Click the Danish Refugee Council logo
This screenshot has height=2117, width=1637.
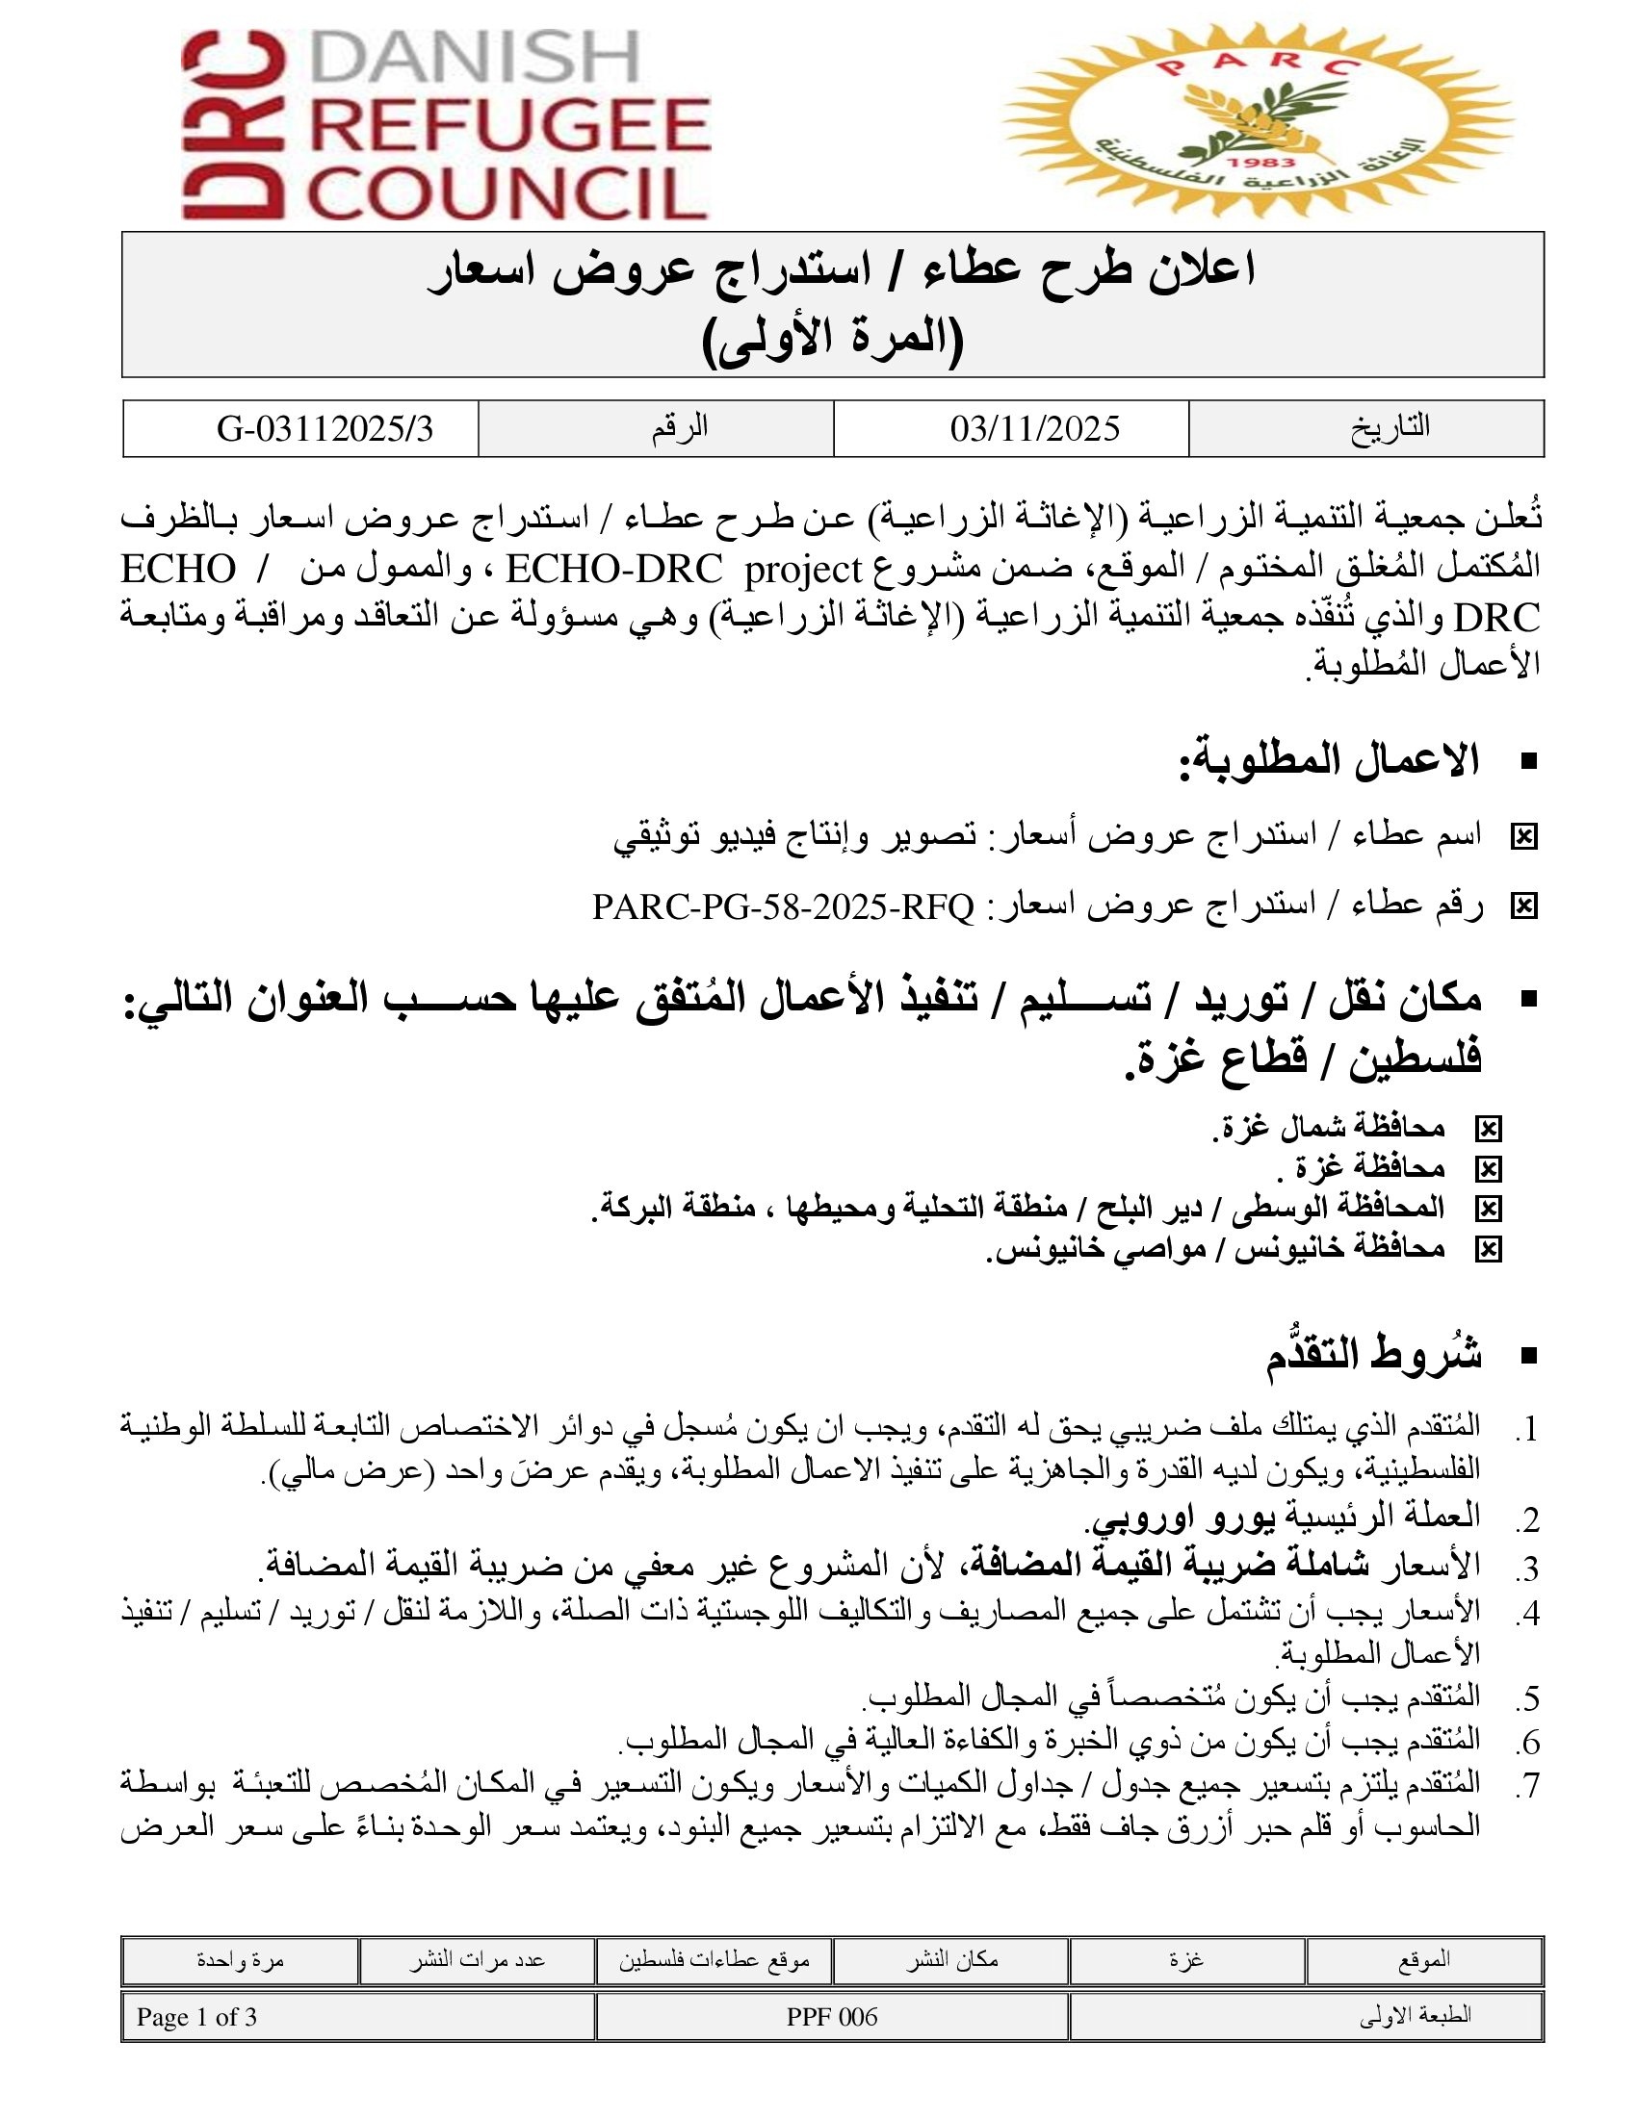(x=446, y=126)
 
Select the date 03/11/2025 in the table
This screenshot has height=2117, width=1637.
(x=1035, y=429)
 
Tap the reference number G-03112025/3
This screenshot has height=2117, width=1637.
(x=324, y=429)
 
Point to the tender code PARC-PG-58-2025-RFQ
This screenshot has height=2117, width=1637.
(x=783, y=906)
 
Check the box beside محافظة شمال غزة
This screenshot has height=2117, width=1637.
(x=1487, y=1129)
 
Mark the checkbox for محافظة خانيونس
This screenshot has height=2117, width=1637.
(x=1487, y=1249)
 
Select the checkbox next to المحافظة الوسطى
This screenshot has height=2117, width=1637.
(x=1487, y=1209)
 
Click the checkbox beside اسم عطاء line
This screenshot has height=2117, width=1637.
(x=1523, y=837)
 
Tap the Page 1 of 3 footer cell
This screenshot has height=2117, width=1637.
(x=196, y=2017)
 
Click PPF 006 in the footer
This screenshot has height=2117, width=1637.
(x=831, y=2017)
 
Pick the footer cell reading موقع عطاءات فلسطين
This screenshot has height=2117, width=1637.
(x=714, y=1960)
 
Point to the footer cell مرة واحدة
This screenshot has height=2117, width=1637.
(x=240, y=1960)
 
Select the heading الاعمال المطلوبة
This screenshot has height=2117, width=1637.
(x=1329, y=761)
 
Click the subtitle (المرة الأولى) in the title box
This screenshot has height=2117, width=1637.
(x=833, y=340)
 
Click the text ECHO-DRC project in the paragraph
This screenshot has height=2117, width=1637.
(x=684, y=569)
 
